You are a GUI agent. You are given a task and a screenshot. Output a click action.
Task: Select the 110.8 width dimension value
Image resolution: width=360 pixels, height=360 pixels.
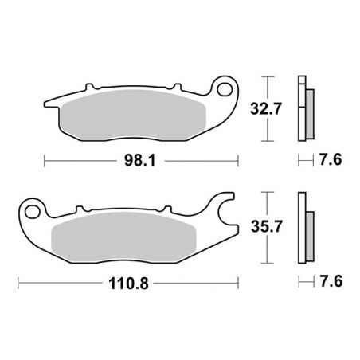131,282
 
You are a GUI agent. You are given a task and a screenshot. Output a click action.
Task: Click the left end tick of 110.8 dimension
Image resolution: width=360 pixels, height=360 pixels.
19,282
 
